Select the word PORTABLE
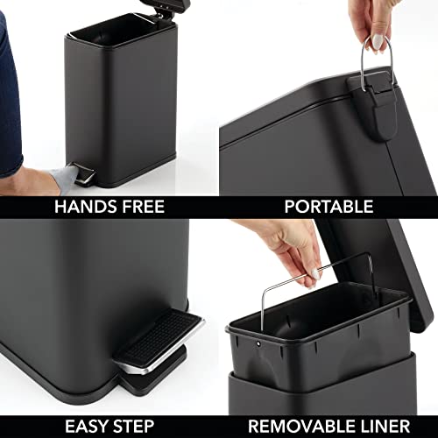point(328,207)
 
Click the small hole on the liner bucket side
point(260,343)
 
